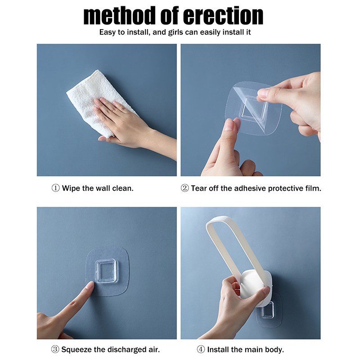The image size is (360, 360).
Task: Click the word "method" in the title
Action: pos(119,16)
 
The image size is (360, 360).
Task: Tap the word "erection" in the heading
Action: pos(223,16)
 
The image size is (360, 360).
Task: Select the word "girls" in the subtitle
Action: pos(175,32)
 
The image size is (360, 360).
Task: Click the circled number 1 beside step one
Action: pos(55,188)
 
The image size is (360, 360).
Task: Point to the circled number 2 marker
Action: pos(185,188)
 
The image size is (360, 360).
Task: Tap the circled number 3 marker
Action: pos(55,349)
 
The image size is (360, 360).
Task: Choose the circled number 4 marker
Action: pos(201,349)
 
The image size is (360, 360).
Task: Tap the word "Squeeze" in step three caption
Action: pos(76,350)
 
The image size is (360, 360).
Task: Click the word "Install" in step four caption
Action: pos(218,350)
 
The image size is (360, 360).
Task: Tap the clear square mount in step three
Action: pos(106,270)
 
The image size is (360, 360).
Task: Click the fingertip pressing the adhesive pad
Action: pos(90,285)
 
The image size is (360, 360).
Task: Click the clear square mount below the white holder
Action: pos(268,310)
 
